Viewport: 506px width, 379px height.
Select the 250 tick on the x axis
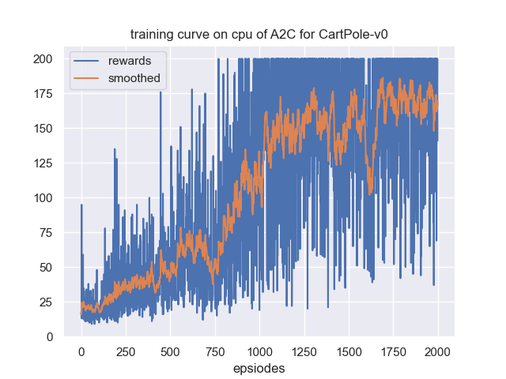pos(126,351)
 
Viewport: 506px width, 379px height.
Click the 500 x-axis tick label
pos(170,351)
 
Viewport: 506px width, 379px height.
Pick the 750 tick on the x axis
pos(214,351)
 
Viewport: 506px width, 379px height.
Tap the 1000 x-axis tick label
pos(259,351)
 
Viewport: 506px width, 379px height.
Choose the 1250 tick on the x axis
pos(304,351)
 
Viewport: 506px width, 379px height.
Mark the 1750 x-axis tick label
pos(393,351)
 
